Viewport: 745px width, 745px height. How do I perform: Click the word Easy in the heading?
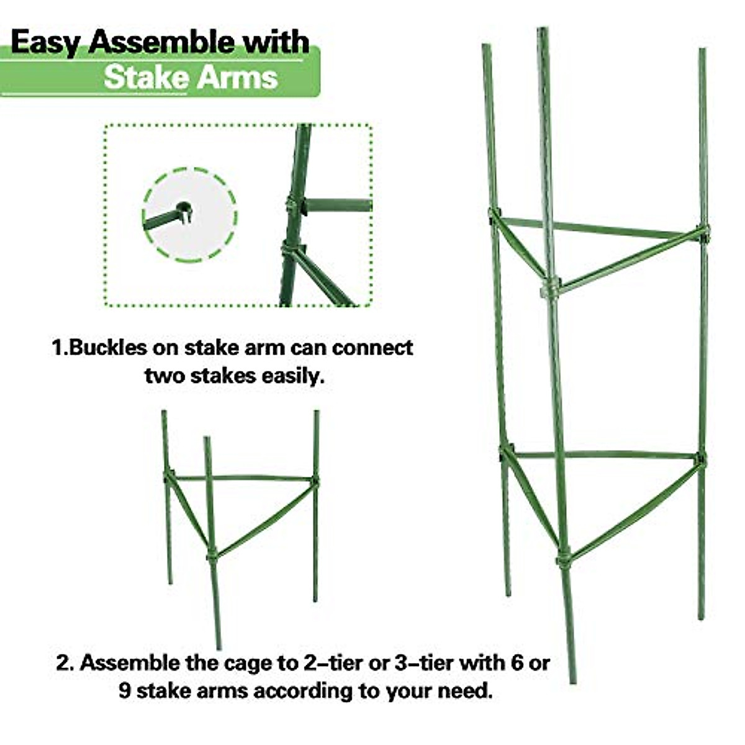tap(47, 43)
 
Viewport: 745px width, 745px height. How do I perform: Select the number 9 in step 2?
tap(125, 690)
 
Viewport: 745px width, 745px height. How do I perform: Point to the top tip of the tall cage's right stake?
tap(702, 51)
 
